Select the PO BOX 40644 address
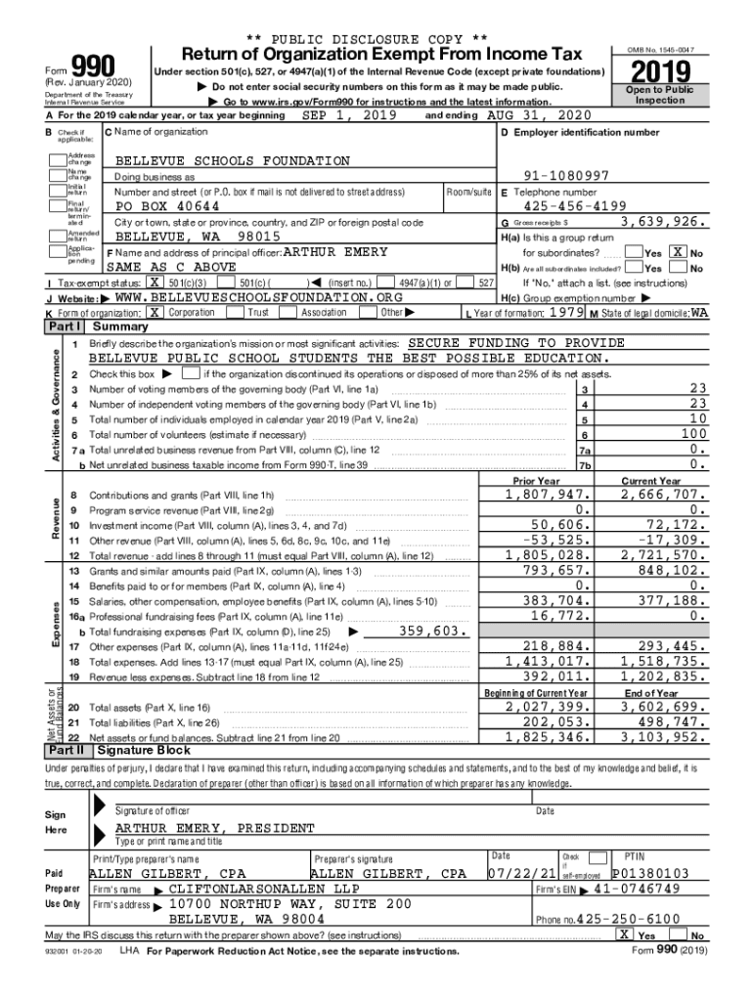pos(167,206)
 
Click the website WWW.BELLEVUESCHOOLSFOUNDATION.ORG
pos(258,296)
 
